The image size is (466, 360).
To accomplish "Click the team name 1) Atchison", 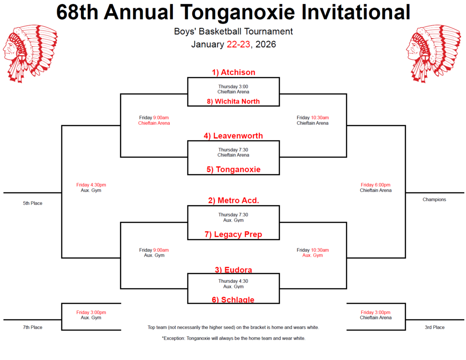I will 233,72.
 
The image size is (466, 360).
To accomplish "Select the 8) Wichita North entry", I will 233,101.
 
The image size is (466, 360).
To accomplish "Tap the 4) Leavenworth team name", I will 233,136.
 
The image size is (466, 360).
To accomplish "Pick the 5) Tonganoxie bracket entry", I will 233,169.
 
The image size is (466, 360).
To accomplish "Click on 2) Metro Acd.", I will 233,200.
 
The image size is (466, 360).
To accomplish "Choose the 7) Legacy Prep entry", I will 233,234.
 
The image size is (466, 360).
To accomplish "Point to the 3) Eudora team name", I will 233,269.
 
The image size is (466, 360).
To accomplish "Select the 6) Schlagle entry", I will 233,299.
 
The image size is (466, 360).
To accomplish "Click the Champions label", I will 434,199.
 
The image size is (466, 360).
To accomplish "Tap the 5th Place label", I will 33,203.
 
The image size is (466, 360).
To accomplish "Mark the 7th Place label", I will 33,327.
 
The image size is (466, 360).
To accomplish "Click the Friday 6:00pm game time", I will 375,185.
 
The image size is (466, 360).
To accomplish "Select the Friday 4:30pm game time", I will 91,185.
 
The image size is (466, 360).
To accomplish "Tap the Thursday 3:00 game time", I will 233,86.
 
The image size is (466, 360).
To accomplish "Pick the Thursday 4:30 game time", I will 233,281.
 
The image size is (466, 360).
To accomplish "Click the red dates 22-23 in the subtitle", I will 238,45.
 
